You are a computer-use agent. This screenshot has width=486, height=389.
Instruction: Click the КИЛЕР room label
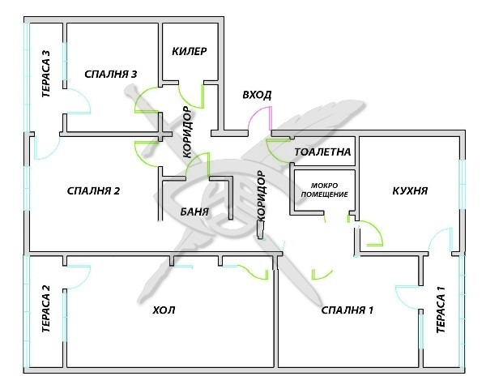click(x=189, y=51)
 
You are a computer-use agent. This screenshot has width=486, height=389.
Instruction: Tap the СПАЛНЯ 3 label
click(x=110, y=74)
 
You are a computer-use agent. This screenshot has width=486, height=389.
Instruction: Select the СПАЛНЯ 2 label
click(x=93, y=190)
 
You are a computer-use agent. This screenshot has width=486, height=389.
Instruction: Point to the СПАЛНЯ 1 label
click(x=347, y=310)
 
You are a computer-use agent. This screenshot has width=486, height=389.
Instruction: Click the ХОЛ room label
click(x=164, y=310)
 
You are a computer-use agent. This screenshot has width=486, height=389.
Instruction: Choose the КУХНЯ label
click(x=410, y=190)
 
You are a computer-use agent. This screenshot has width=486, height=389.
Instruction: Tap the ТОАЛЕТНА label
click(x=322, y=152)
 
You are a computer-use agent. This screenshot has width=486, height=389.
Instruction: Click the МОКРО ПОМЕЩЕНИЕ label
click(x=324, y=190)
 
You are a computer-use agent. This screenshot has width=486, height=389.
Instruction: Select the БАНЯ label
click(x=194, y=212)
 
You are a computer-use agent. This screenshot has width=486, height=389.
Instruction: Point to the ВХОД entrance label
click(x=257, y=95)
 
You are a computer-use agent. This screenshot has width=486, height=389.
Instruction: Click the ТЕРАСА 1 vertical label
click(x=441, y=310)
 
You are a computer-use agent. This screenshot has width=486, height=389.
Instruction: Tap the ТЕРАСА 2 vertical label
click(x=46, y=309)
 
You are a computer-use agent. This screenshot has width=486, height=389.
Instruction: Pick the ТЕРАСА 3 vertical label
click(x=46, y=74)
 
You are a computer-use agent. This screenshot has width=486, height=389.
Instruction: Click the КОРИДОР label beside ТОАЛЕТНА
click(x=262, y=195)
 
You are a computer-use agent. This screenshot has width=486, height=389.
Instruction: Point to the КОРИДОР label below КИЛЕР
click(x=188, y=132)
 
